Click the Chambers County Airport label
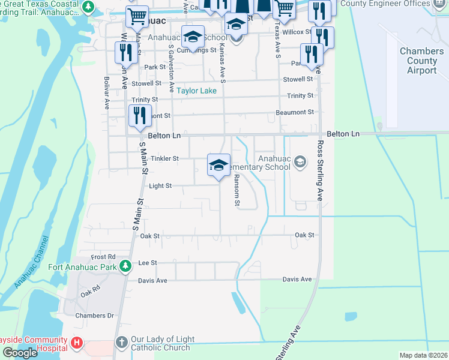click(x=421, y=61)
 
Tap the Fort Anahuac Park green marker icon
click(x=125, y=266)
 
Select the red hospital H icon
click(x=76, y=343)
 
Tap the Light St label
click(x=160, y=186)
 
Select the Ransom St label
click(x=237, y=191)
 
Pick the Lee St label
click(x=148, y=263)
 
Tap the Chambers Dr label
click(x=94, y=316)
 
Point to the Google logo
click(x=20, y=353)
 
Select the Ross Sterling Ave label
click(x=320, y=171)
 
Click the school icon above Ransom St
click(x=218, y=166)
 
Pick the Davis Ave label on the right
click(x=297, y=280)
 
